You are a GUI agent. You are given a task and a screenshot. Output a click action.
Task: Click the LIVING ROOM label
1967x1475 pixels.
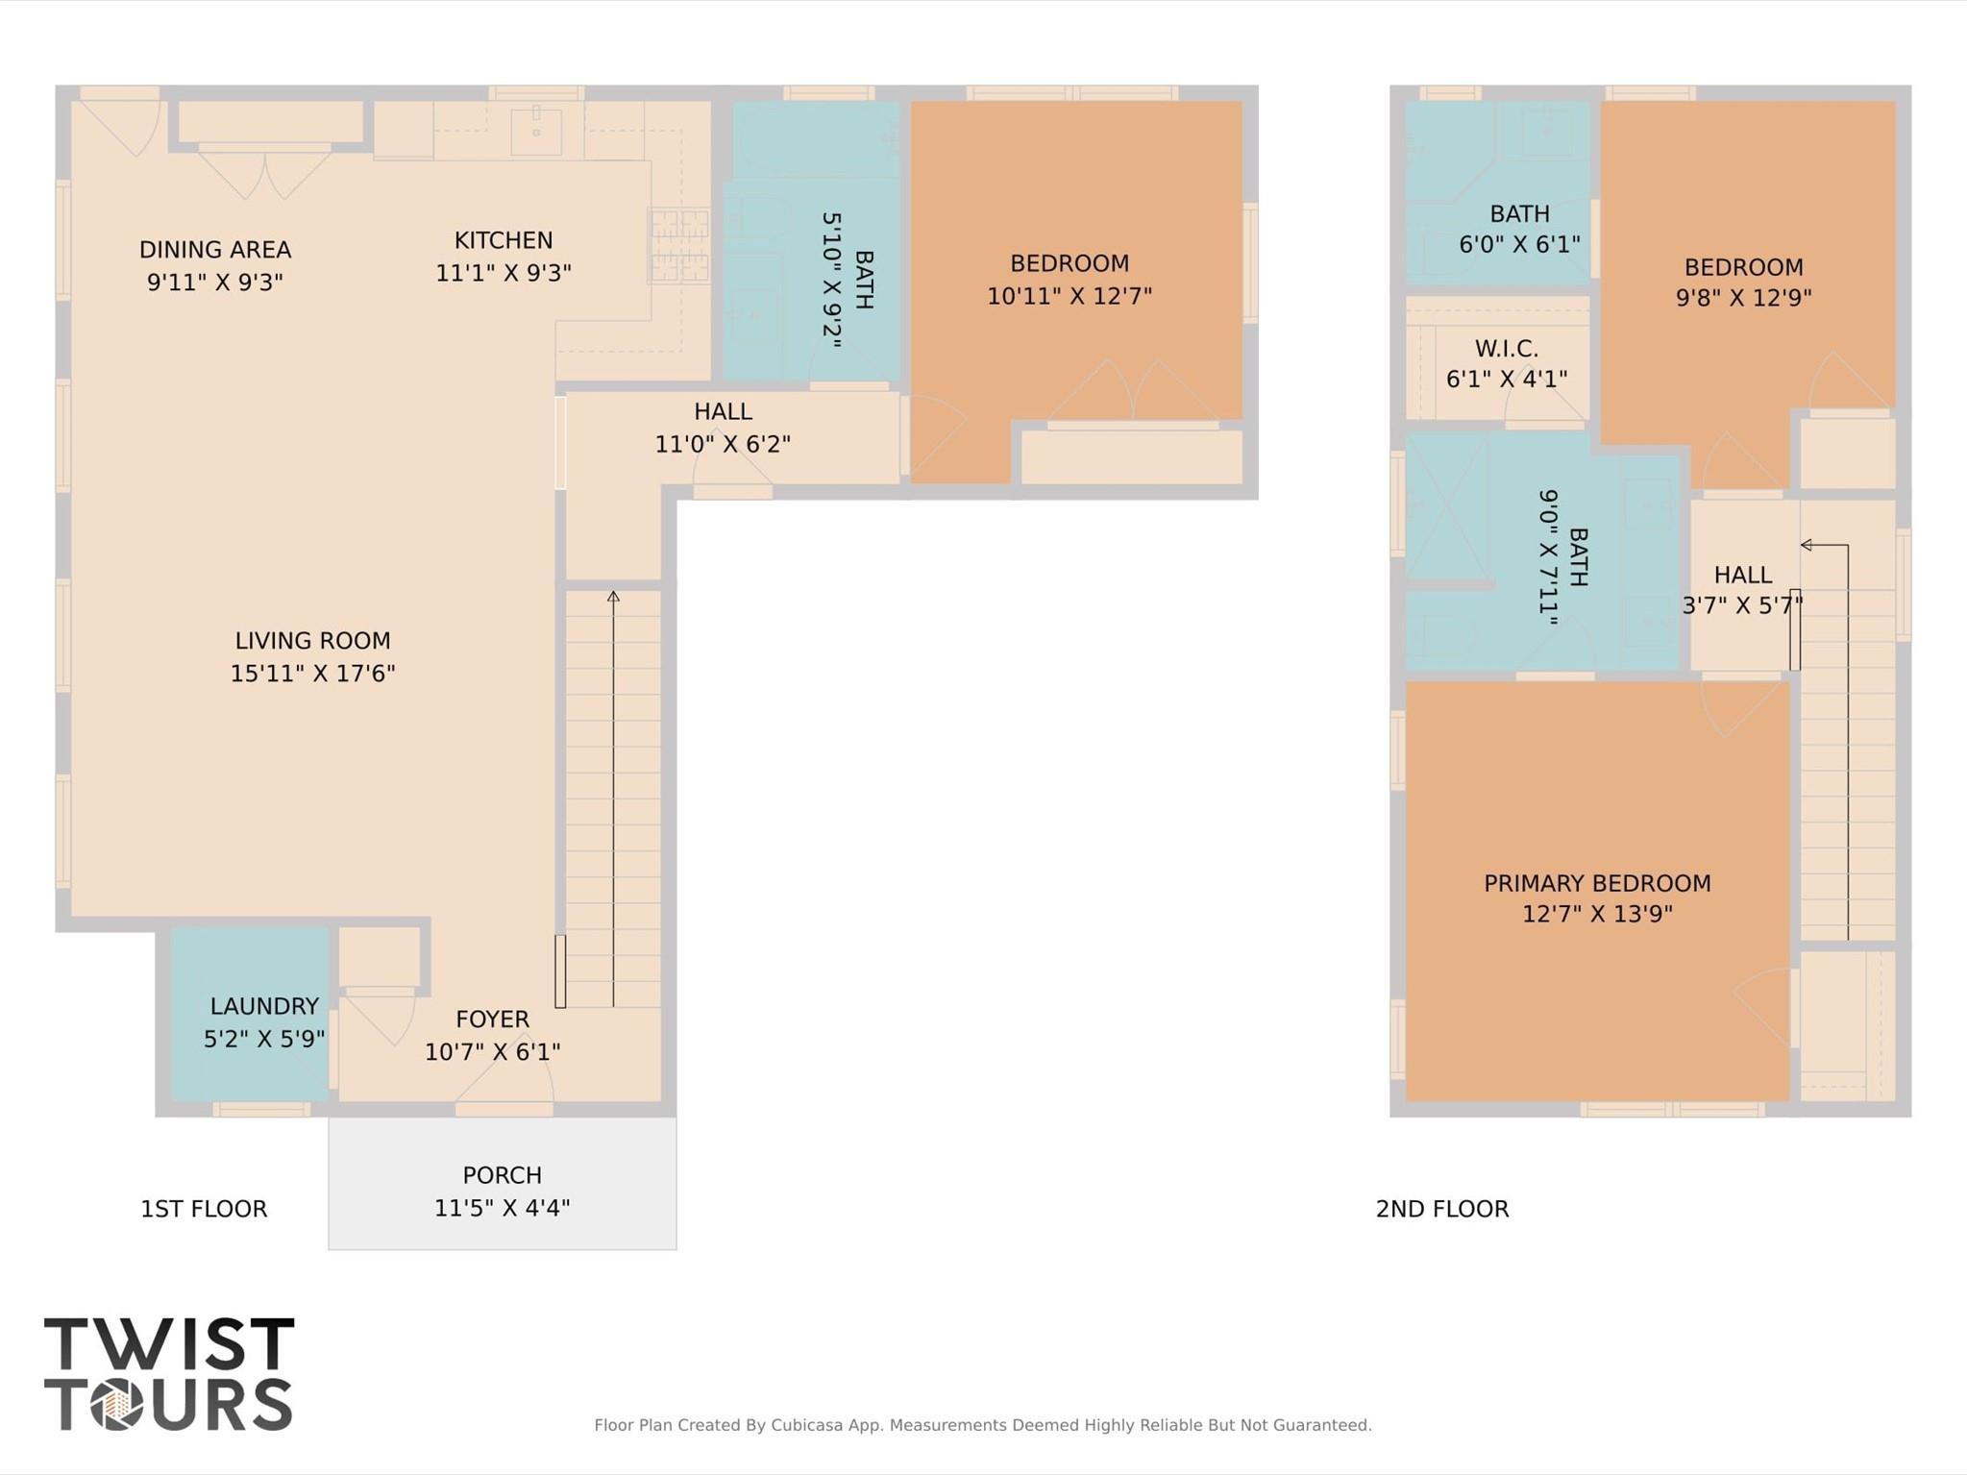pos(312,641)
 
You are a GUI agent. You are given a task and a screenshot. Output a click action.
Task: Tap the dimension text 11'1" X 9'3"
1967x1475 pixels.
pos(504,274)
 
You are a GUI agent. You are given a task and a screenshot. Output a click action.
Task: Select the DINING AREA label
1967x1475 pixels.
pos(215,250)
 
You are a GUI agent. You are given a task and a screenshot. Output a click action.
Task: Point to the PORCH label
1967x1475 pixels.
pos(502,1175)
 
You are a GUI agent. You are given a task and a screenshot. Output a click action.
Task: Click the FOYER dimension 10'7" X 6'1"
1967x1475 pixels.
pos(492,1052)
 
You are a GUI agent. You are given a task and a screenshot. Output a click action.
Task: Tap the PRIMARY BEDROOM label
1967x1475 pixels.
pos(1597,883)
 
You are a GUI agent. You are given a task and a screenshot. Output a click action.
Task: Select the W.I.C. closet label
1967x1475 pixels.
pos(1506,348)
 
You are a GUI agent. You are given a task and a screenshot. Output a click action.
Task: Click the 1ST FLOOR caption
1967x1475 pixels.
pos(204,1209)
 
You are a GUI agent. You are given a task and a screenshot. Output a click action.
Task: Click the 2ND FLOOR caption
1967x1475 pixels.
pos(1441,1209)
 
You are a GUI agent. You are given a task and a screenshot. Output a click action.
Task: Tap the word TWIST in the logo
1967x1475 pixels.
pos(169,1344)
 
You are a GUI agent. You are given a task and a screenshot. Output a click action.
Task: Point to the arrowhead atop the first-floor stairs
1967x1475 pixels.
pos(613,597)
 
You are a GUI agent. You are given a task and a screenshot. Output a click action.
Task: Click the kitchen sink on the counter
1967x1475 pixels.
pos(535,132)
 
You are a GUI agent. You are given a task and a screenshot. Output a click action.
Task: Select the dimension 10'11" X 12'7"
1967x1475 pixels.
pos(1069,296)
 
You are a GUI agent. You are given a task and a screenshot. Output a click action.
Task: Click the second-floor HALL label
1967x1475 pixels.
pos(1742,575)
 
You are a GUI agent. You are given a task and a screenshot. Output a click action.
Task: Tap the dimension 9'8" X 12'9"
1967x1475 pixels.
pos(1743,298)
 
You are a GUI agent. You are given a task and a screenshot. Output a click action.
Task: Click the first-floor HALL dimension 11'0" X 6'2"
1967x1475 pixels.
pos(723,444)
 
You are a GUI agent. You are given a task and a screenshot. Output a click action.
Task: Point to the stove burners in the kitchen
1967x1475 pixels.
pos(679,246)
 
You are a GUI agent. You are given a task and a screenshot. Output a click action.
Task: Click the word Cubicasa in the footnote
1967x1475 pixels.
pos(806,1425)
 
